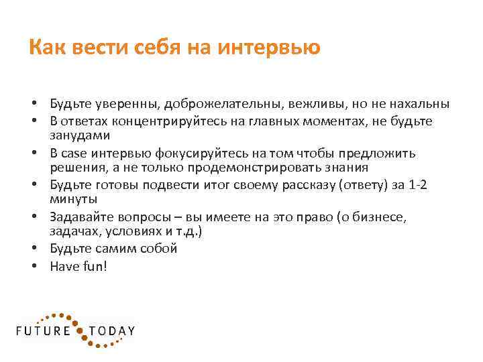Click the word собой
click(157, 248)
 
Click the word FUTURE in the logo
click(44, 330)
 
